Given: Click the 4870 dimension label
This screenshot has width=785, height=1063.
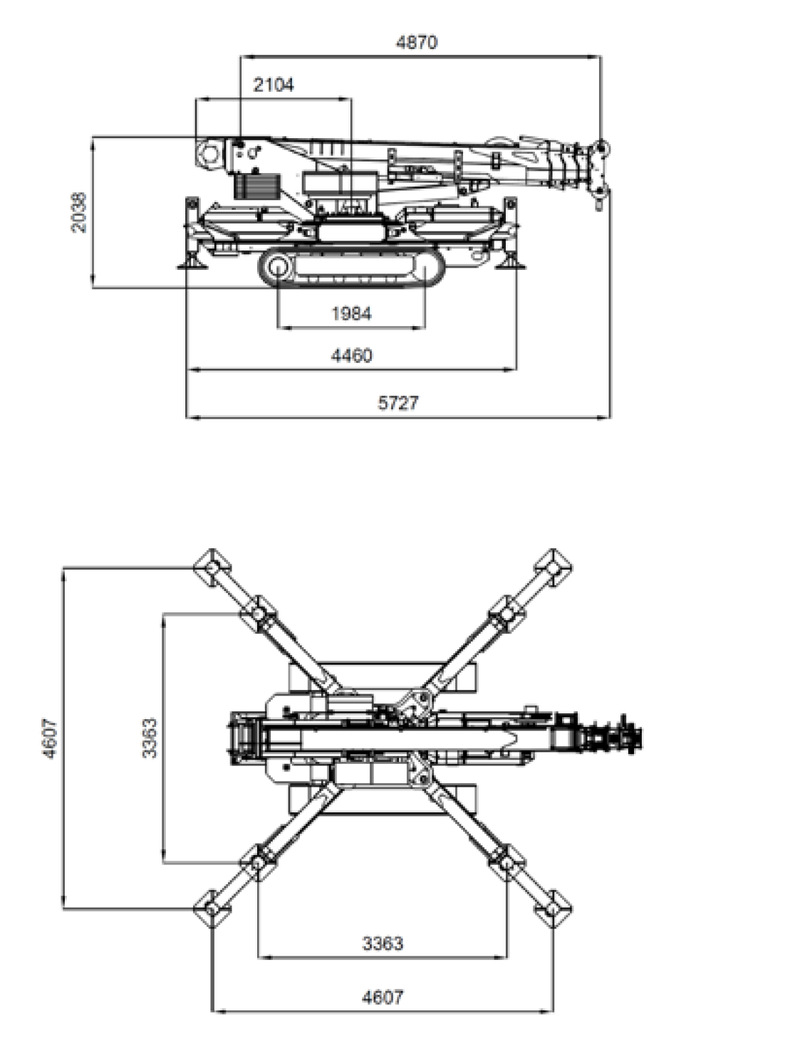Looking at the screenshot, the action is click(x=416, y=43).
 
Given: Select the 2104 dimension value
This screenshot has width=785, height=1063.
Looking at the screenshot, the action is click(x=274, y=85).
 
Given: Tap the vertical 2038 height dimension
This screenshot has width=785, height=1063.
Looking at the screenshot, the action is click(x=79, y=212).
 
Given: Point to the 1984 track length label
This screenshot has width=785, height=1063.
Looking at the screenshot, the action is click(x=351, y=314).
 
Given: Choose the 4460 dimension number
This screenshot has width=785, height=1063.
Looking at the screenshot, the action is click(x=351, y=355).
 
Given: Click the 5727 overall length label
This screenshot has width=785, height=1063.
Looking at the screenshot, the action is click(x=398, y=402).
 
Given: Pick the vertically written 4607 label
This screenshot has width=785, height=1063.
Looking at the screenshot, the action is click(x=50, y=738).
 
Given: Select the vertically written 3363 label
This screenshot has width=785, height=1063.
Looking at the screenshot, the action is click(x=150, y=738).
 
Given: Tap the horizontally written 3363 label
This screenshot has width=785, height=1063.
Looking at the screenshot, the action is click(x=383, y=943).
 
